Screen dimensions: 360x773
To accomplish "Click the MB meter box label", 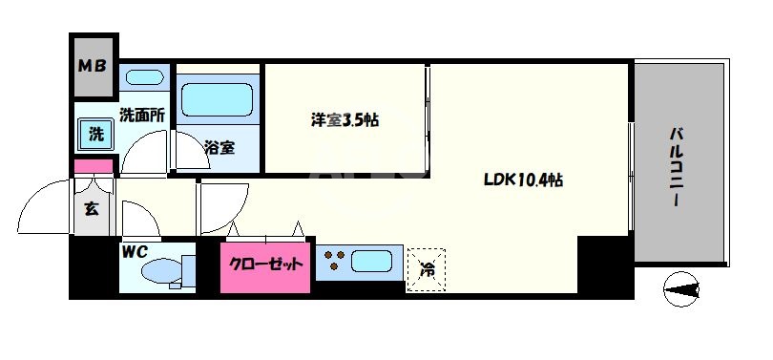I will (x=94, y=67).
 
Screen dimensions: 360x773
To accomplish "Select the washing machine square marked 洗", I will (x=95, y=135).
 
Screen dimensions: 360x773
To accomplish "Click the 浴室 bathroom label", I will (x=219, y=147).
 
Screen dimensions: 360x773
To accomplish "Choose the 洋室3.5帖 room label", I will (x=345, y=121).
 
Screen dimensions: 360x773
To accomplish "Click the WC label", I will (x=133, y=253).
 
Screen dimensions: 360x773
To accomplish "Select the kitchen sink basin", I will (x=372, y=261).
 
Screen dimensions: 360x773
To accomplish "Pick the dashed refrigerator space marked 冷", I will (x=427, y=266).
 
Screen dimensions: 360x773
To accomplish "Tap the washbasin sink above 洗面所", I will (x=144, y=77).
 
